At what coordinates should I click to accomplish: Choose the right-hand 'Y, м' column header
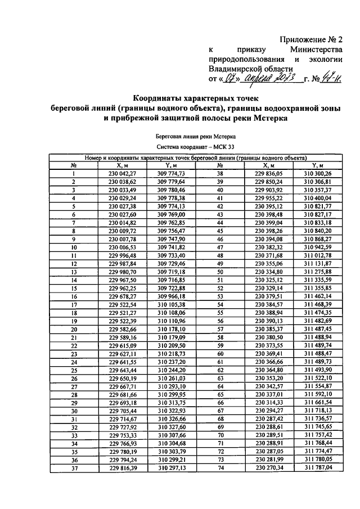[x=318, y=165]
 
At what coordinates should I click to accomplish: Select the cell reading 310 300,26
[x=318, y=174]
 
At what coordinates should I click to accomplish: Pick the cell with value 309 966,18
[x=172, y=296]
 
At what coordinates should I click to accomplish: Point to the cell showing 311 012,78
[x=318, y=255]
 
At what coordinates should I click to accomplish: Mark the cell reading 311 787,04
[x=318, y=467]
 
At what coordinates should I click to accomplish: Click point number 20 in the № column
[x=74, y=328]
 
